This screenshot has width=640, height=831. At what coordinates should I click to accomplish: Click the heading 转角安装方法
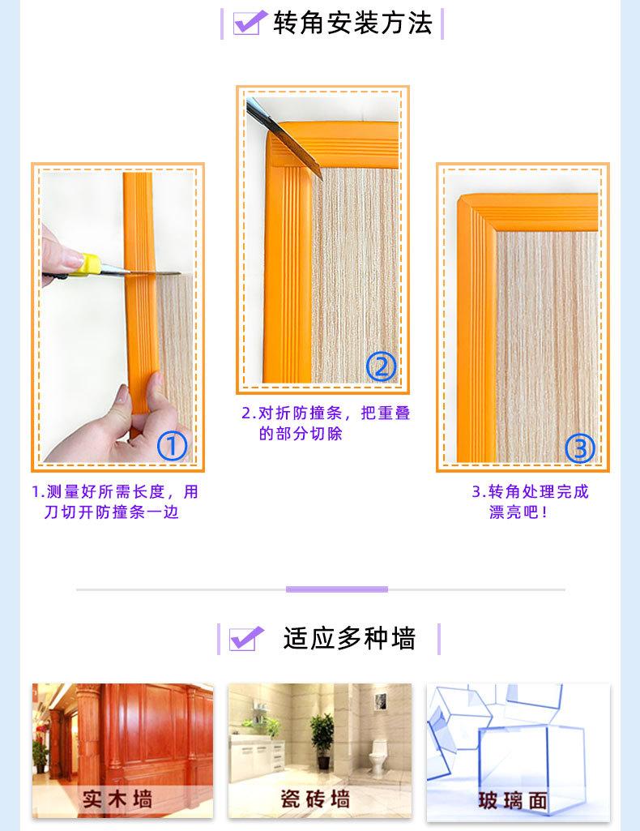tap(352, 23)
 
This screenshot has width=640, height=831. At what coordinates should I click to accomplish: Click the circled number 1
tap(172, 446)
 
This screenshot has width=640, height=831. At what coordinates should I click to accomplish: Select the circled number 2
tap(381, 366)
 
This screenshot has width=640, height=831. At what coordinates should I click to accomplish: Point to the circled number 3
tap(580, 448)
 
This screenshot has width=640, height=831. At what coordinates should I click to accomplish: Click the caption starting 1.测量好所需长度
tap(115, 501)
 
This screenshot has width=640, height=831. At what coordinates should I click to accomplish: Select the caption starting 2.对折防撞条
tap(326, 423)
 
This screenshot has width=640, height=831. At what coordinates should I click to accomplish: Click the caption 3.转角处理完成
tap(530, 501)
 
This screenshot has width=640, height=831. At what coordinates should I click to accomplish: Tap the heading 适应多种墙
tap(349, 638)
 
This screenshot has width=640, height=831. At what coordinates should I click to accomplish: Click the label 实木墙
tap(117, 799)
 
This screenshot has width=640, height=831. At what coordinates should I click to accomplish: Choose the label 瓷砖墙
tap(315, 799)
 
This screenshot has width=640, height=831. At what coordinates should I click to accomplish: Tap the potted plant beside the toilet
tap(322, 741)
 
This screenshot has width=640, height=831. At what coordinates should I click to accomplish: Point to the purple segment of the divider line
tap(337, 589)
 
